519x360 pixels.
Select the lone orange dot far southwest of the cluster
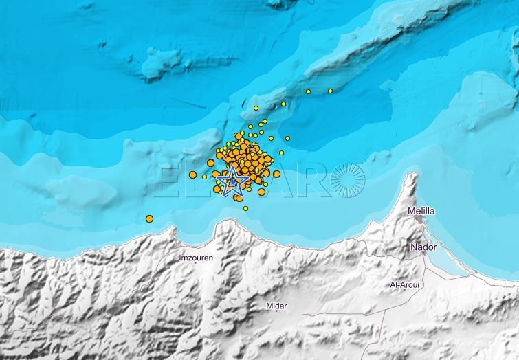149,218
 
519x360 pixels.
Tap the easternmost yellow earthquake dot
330,91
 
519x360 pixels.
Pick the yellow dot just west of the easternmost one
308,91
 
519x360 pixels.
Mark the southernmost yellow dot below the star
245,208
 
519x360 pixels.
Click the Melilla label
421,212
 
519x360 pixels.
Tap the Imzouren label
195,258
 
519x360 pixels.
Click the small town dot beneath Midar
276,311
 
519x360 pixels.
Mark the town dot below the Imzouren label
195,265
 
